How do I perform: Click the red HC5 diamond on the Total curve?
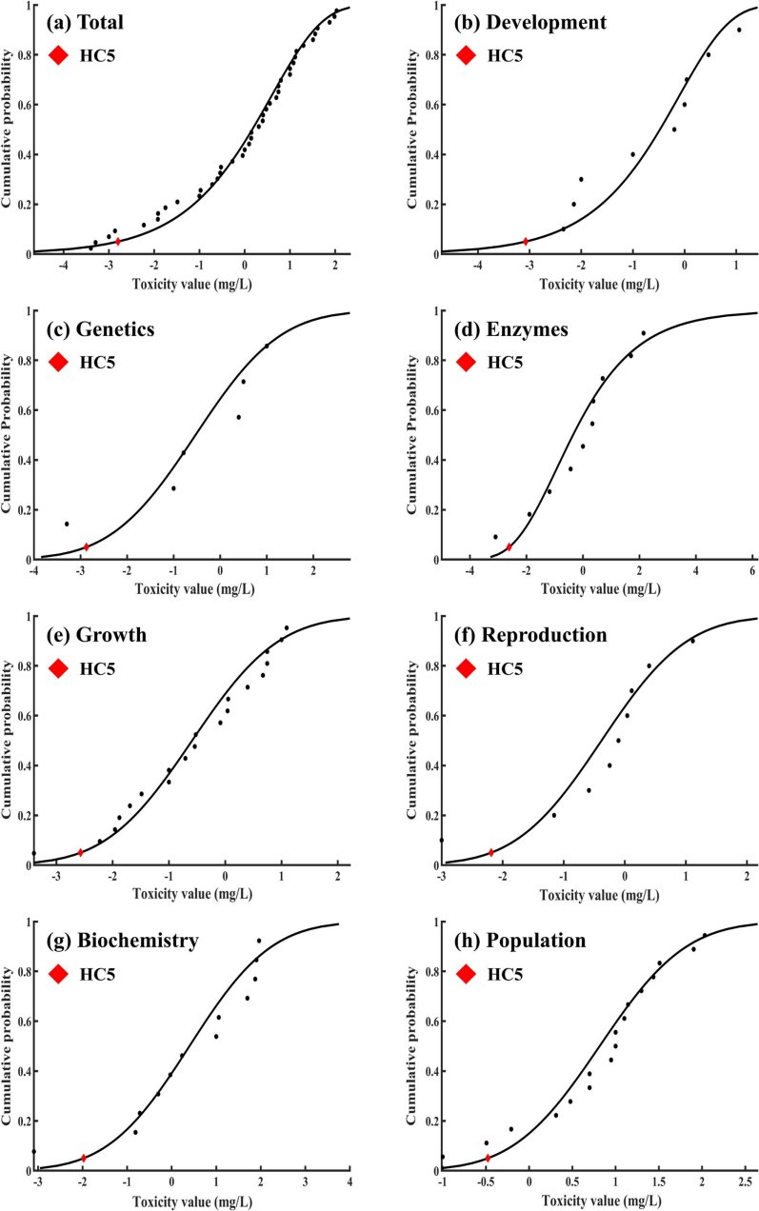click(x=118, y=242)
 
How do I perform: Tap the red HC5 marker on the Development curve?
click(x=526, y=242)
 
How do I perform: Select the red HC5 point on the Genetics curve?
click(x=87, y=546)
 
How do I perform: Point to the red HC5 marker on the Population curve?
click(x=488, y=1158)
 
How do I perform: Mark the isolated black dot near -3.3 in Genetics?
click(x=67, y=524)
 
